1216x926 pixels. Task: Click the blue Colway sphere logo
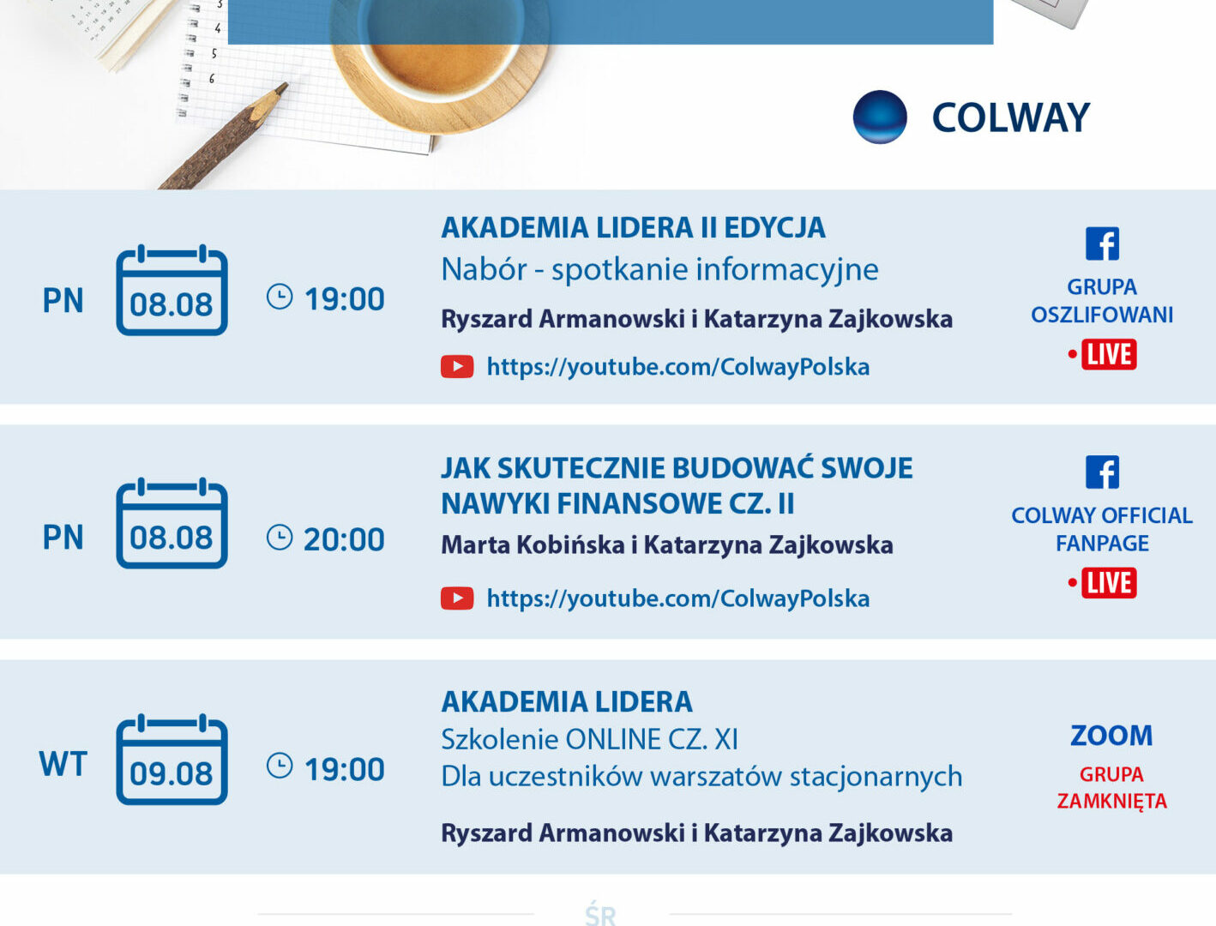point(880,117)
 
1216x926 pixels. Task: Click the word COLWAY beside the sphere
point(1011,118)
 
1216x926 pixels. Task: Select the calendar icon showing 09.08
point(172,760)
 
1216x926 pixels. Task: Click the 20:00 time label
point(344,539)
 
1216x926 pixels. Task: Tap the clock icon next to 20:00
point(280,538)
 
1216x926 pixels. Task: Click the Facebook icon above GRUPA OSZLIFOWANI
point(1102,244)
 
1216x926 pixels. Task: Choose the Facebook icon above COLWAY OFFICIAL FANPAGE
point(1102,472)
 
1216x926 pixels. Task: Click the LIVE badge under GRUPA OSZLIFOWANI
point(1109,354)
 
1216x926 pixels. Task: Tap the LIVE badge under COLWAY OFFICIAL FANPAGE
point(1109,583)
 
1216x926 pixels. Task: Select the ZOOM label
point(1111,736)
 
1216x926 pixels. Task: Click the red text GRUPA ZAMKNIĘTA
point(1112,788)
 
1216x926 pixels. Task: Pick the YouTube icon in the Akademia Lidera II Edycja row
point(457,367)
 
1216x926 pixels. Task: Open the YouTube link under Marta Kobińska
point(678,598)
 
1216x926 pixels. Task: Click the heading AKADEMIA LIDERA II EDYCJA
point(633,227)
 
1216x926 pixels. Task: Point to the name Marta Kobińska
point(533,545)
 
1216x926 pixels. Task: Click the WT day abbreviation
point(63,764)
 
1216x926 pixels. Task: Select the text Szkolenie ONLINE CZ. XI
point(589,739)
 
